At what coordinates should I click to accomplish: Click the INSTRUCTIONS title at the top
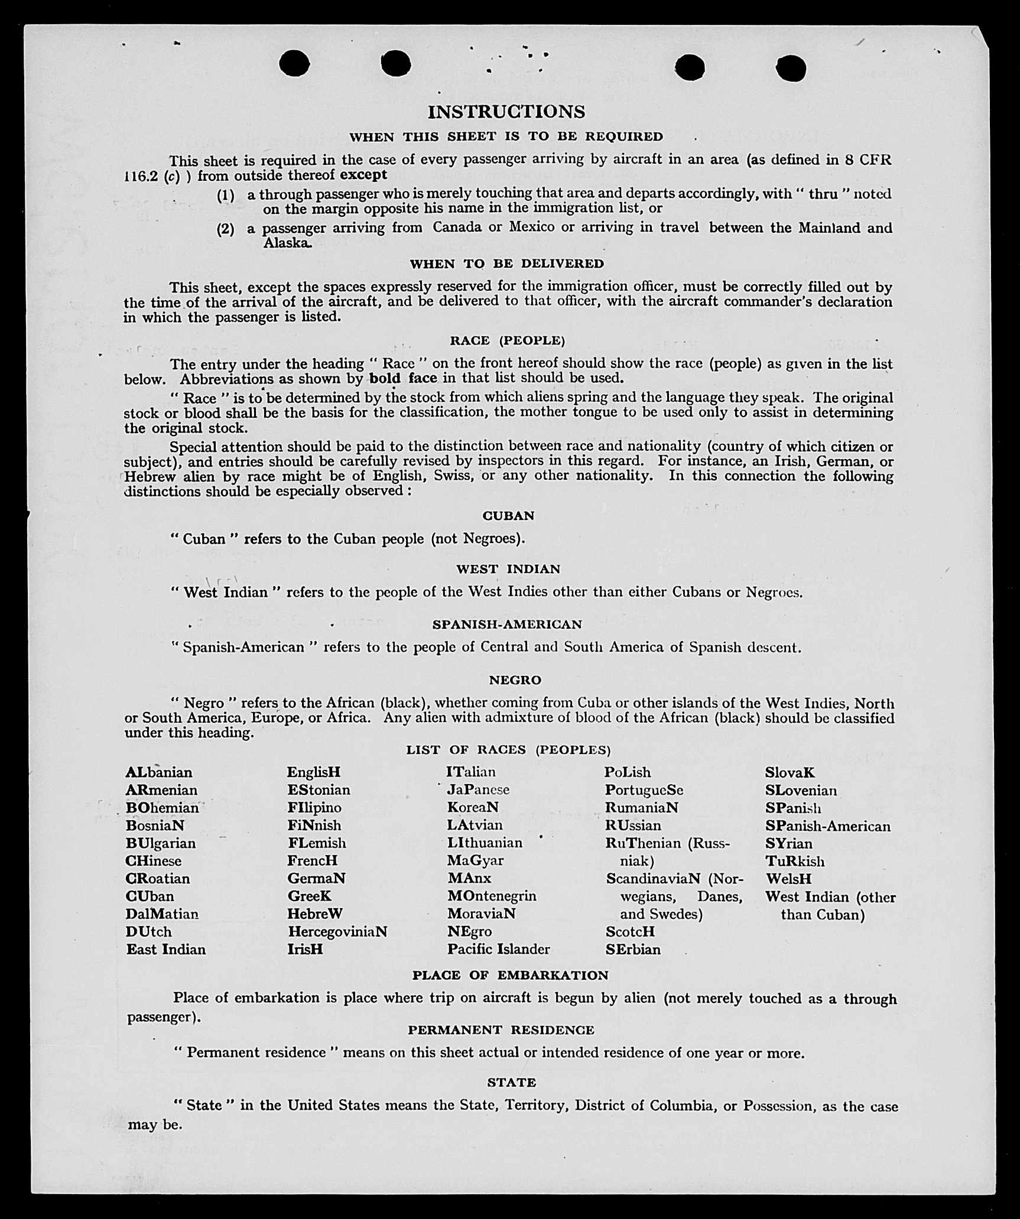click(x=506, y=112)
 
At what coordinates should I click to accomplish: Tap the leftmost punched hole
click(x=294, y=63)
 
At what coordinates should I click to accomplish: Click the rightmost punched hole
click(x=791, y=68)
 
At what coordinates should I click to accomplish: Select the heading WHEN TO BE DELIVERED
click(x=506, y=264)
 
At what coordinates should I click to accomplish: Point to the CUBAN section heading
click(x=508, y=516)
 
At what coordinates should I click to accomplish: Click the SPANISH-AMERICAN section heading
click(x=507, y=625)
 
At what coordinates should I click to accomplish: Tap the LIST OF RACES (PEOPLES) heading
click(x=508, y=750)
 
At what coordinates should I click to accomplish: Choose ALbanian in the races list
click(x=159, y=772)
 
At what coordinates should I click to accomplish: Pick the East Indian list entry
click(x=166, y=950)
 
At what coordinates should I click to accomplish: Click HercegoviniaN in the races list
click(x=337, y=932)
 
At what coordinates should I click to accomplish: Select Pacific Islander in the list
click(x=498, y=950)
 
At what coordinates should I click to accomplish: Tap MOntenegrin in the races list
click(x=492, y=896)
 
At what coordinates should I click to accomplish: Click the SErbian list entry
click(x=633, y=950)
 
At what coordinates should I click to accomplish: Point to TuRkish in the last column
click(x=795, y=861)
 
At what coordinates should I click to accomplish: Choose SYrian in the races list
click(x=789, y=843)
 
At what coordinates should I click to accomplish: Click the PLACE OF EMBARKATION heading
click(x=510, y=976)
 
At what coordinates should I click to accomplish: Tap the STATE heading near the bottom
click(x=512, y=1083)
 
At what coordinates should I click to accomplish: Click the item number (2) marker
click(x=225, y=229)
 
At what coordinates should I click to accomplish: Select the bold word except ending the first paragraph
click(x=363, y=175)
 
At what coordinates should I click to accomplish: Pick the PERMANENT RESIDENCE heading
click(x=501, y=1030)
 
